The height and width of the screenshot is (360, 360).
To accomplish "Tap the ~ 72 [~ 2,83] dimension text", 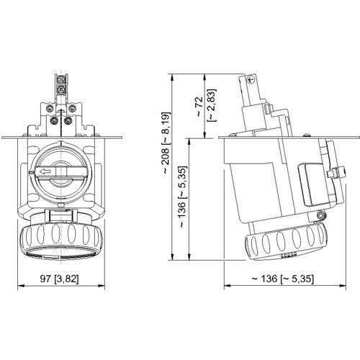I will [x=203, y=107].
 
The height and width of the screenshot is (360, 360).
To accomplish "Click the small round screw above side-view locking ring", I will [x=316, y=215].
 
